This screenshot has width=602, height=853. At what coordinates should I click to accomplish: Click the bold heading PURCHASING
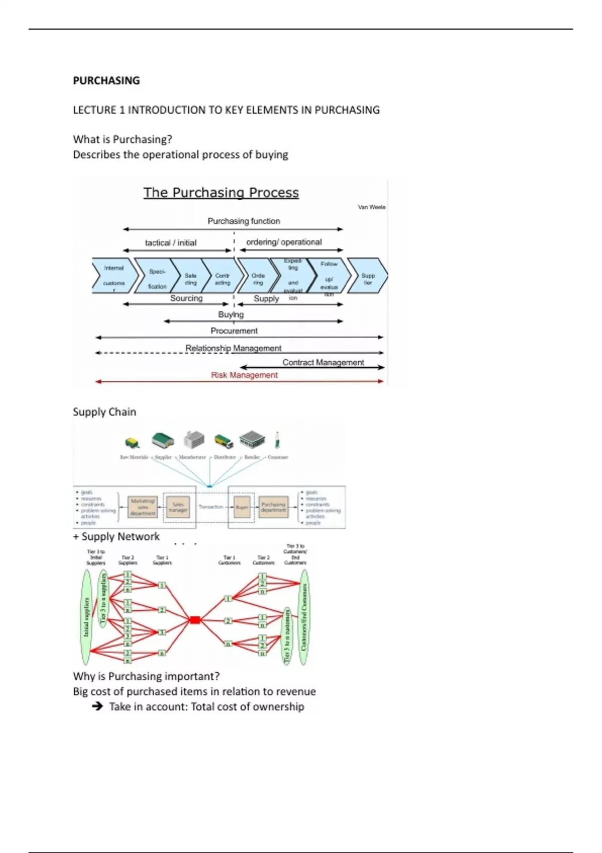[106, 80]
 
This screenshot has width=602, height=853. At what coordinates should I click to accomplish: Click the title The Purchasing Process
[221, 193]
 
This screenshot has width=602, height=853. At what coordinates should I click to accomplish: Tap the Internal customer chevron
[114, 275]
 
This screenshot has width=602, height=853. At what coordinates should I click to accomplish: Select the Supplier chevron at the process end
[368, 275]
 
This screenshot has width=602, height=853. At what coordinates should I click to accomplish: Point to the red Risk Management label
[244, 375]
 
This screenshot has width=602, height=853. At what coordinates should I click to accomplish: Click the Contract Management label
[323, 362]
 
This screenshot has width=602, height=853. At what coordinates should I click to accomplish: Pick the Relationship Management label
[233, 348]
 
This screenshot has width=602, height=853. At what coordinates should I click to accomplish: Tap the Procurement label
[234, 331]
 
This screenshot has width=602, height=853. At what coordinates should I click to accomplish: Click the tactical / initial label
[171, 243]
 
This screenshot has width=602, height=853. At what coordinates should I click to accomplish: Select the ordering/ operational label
[284, 242]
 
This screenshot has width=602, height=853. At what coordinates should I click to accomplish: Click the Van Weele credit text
[371, 207]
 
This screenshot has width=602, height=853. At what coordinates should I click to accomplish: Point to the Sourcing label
[186, 298]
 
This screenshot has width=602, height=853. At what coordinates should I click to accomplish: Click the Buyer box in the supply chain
[242, 507]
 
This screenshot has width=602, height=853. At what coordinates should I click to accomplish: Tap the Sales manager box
[178, 507]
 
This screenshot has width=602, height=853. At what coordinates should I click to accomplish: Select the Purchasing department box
[273, 507]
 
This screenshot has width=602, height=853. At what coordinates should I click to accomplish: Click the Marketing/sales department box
[143, 507]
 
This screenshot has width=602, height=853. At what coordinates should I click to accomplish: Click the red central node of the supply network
[195, 620]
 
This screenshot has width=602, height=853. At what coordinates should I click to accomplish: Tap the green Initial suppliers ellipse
[86, 617]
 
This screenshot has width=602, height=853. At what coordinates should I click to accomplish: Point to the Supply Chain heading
[104, 412]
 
